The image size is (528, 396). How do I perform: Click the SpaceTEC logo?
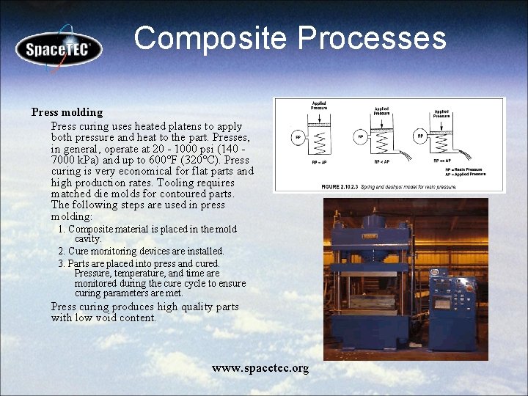tap(59, 49)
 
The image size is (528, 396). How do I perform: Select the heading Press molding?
tap(67, 112)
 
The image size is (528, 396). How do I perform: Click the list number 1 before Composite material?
tap(61, 230)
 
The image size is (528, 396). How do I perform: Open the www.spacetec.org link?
tap(260, 367)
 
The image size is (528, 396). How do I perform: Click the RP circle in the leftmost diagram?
tap(298, 137)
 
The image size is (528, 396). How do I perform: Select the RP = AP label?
tap(319, 162)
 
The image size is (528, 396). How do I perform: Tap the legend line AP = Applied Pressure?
tap(466, 175)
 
